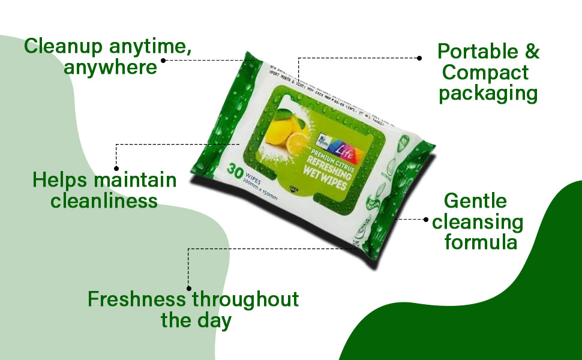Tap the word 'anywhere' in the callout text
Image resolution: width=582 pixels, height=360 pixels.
(x=111, y=67)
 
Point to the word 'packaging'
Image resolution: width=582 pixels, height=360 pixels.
(x=488, y=94)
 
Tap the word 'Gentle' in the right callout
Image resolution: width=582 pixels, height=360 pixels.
(x=475, y=201)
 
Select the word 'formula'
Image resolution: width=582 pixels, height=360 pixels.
(x=480, y=243)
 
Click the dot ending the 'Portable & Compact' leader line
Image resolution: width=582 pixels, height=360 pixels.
(x=419, y=58)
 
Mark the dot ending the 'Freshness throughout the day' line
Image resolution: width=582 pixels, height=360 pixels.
(x=189, y=289)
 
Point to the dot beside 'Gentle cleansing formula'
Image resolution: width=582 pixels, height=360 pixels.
(x=426, y=219)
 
